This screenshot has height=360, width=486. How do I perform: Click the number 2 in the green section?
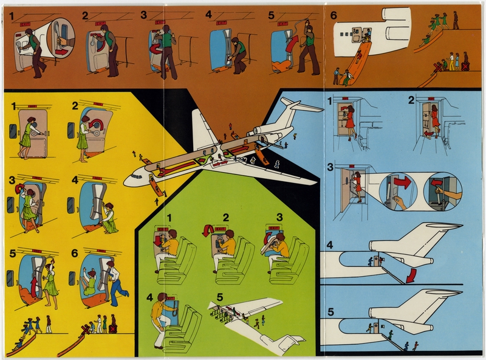point(225,217)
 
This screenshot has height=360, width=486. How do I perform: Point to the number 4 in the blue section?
point(330,246)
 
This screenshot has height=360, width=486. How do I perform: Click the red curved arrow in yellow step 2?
point(95,125)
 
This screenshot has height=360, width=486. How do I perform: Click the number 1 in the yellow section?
point(13,107)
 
